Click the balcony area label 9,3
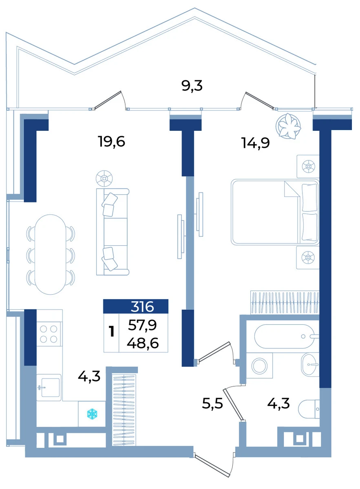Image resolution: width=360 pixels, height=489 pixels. (192, 86)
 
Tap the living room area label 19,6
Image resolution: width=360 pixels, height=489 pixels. (111, 141)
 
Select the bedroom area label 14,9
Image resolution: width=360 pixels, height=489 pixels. (255, 143)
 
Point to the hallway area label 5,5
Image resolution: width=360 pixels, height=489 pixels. (212, 403)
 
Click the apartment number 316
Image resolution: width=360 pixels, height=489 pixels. (142, 306)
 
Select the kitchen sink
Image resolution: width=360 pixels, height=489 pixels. (49, 388)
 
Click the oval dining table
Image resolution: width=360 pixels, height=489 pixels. (51, 254)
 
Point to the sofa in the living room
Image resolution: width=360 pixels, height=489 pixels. (113, 231)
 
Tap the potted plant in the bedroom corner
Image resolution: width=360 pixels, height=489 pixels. (288, 126)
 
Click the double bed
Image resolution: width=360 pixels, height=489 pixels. (275, 211)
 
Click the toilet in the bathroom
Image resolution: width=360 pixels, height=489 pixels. (309, 409)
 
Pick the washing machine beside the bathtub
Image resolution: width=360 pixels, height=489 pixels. (260, 366)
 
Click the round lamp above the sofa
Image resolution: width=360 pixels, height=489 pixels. (104, 178)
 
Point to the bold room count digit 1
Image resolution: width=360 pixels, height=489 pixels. (112, 332)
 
